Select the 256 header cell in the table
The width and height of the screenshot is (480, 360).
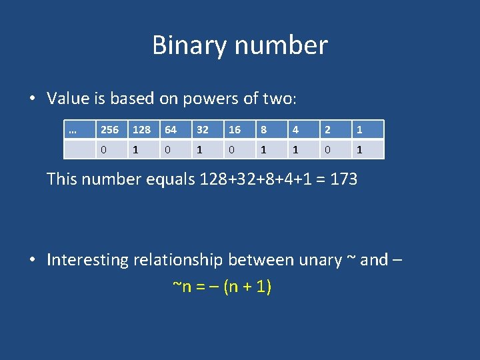coord(109,130)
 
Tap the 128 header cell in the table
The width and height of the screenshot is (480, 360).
coord(141,130)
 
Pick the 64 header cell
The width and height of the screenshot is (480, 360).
coord(171,130)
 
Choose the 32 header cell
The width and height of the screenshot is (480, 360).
coord(203,130)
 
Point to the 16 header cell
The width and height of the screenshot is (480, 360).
coord(235,130)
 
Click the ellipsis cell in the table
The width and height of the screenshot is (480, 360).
coord(73,130)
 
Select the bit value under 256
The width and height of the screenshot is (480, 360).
coord(103,150)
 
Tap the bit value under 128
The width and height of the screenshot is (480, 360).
coord(135,150)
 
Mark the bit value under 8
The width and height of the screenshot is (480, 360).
coord(263,150)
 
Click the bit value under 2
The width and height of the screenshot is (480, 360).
coord(327,150)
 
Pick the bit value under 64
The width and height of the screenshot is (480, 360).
coord(167,150)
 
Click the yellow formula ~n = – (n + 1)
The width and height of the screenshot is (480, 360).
coord(221,287)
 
